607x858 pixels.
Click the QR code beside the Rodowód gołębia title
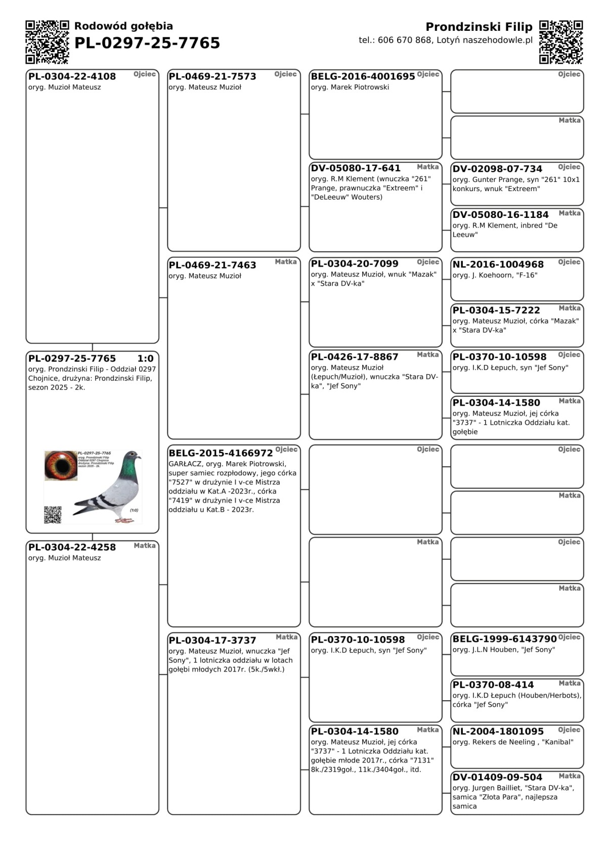tap(47, 42)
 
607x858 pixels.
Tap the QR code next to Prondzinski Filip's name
tap(561, 42)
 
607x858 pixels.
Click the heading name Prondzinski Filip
tap(479, 27)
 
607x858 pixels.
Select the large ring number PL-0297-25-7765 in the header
tap(147, 43)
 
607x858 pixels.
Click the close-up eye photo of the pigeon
tap(61, 465)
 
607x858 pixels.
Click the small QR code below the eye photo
tap(53, 514)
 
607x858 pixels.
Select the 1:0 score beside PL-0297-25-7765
tap(145, 358)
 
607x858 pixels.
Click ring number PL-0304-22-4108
tap(72, 76)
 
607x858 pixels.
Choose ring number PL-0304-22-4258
tap(72, 547)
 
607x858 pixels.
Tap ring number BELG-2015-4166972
tap(221, 453)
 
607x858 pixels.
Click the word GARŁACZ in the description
tap(185, 464)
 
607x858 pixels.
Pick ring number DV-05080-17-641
tap(355, 168)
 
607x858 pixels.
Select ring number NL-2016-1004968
tap(498, 264)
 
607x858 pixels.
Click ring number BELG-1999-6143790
tap(504, 639)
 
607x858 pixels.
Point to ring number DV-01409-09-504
tap(497, 777)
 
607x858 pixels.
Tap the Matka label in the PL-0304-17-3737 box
tap(286, 637)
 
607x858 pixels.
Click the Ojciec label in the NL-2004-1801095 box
tap(569, 730)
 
